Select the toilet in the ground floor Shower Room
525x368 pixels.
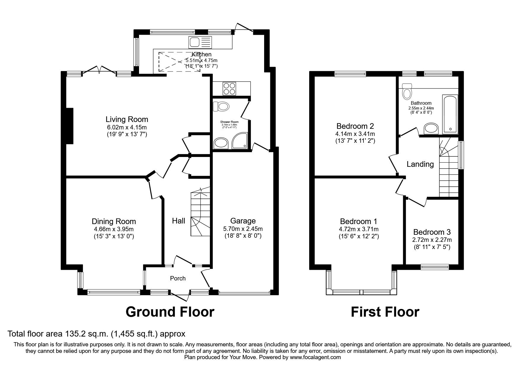[x=221, y=106]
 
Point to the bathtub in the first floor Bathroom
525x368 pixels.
[x=450, y=114]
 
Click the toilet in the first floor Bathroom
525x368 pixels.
[x=407, y=91]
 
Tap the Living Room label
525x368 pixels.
[x=127, y=119]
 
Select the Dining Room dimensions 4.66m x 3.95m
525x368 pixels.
[x=114, y=229]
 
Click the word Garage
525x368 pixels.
[x=243, y=221]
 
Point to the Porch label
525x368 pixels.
[x=178, y=278]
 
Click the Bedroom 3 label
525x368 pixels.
[x=432, y=232]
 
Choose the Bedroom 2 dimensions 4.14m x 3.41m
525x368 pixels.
[x=355, y=134]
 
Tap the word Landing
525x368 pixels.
[x=420, y=164]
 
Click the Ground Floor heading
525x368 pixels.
[x=170, y=312]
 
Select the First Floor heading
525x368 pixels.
[x=385, y=312]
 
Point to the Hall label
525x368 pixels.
[x=178, y=221]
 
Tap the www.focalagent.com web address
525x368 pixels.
[x=315, y=357]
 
